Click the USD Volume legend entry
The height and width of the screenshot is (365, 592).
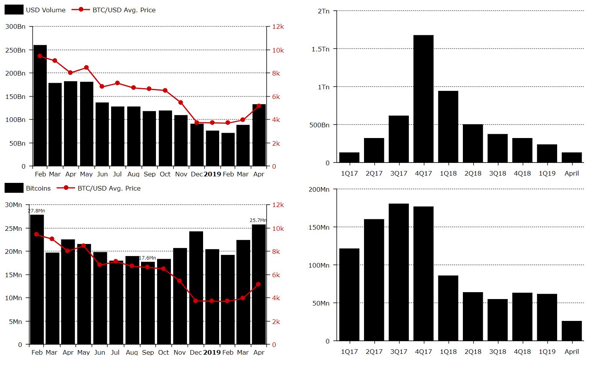click(x=45, y=10)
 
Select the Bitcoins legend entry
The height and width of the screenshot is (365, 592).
click(x=38, y=188)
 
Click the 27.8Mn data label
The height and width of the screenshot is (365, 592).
click(x=37, y=211)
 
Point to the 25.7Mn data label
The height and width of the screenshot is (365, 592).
click(x=258, y=220)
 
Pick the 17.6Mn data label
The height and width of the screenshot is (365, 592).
click(x=148, y=258)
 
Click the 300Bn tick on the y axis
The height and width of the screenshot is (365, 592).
click(x=16, y=26)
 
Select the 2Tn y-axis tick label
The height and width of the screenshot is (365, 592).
click(x=323, y=11)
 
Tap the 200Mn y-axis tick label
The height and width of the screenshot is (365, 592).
click(x=319, y=189)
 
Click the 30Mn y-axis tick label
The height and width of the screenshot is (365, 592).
click(x=13, y=205)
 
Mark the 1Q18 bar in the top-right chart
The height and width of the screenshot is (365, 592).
click(x=448, y=127)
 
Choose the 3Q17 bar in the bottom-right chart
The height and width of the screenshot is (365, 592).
click(x=398, y=272)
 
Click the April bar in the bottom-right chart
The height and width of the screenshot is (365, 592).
click(x=572, y=330)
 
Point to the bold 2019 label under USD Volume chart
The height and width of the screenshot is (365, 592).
click(x=212, y=174)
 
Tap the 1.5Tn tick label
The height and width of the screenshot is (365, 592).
click(x=320, y=49)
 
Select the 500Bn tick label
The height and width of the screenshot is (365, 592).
click(x=319, y=125)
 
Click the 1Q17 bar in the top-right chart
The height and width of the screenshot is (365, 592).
click(x=349, y=158)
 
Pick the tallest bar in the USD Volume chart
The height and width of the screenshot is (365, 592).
click(x=40, y=105)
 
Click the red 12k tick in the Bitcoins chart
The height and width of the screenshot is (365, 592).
click(x=278, y=205)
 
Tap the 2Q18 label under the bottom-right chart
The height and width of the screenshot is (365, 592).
click(x=473, y=352)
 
